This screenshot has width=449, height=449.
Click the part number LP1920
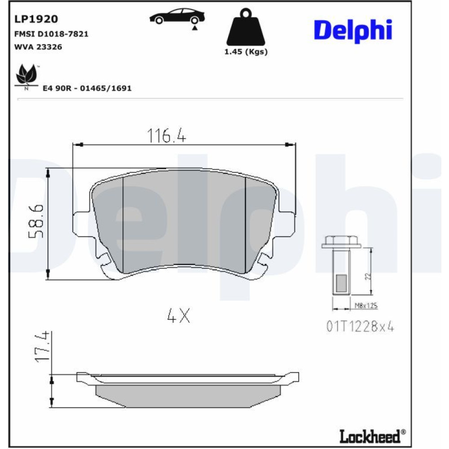[x=36, y=19]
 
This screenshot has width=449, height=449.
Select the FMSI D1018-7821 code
[x=51, y=34]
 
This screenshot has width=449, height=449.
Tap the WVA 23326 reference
[x=38, y=47]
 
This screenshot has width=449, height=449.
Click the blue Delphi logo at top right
[x=353, y=31]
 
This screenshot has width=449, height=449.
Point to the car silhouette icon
[x=177, y=18]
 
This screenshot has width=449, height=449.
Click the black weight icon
[x=246, y=27]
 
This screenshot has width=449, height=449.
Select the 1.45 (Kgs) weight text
[x=246, y=52]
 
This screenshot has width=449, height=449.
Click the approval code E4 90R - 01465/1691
[x=87, y=88]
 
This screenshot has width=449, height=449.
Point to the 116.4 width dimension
[x=167, y=136]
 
